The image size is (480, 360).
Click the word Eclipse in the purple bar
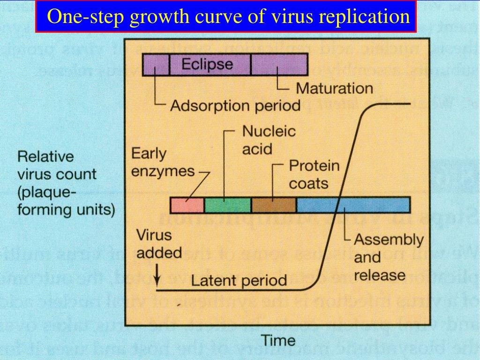click(207, 64)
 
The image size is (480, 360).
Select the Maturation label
click(334, 88)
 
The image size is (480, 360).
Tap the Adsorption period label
click(235, 105)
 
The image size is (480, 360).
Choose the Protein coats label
click(314, 174)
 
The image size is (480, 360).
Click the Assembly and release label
click(388, 257)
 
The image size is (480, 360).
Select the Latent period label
click(239, 281)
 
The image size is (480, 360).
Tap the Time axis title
click(278, 340)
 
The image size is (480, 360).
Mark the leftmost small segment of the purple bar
click(155, 64)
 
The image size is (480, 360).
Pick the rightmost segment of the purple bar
click(279, 64)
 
